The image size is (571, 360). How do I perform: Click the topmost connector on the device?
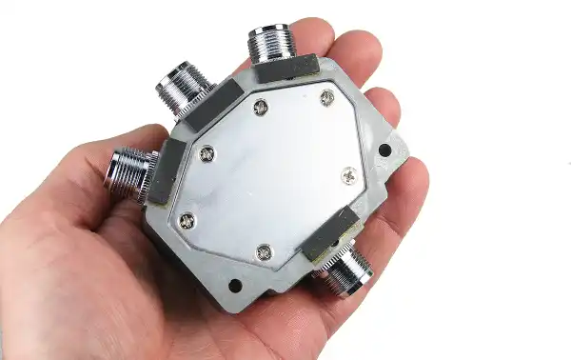point(272,43)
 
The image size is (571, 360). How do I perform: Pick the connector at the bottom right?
point(347,270)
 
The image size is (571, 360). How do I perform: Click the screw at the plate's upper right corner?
point(327,97)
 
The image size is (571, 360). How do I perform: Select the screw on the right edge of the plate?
point(349,175)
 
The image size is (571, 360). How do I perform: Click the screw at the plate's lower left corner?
point(187,221)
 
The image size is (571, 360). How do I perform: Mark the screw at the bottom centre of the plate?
point(265,252)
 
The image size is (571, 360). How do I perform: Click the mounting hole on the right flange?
point(384,150)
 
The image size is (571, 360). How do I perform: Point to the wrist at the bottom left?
point(38,324)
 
